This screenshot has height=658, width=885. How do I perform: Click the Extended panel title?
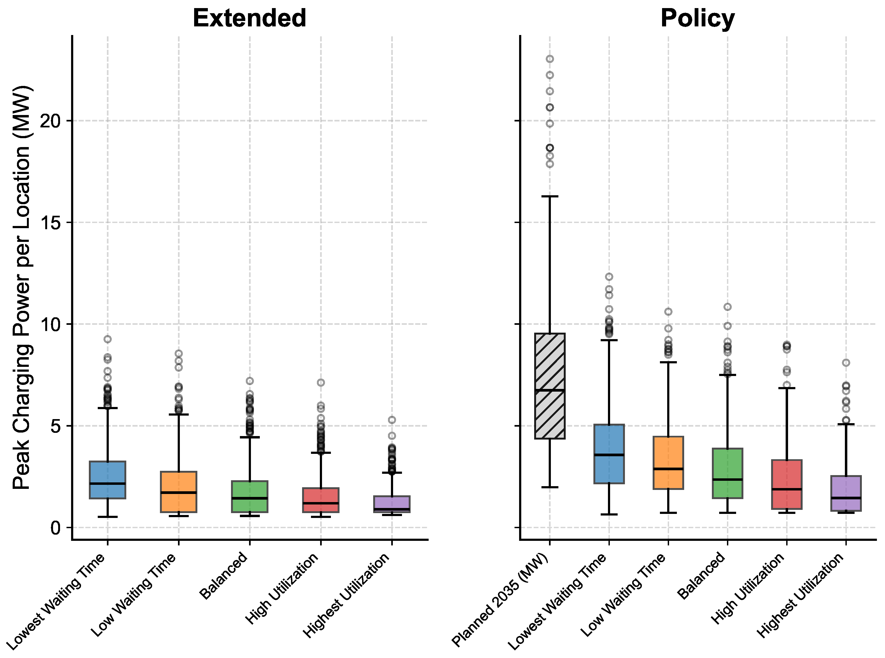(x=249, y=18)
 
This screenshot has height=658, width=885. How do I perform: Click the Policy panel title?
(x=698, y=18)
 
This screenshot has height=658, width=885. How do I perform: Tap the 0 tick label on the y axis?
(x=55, y=528)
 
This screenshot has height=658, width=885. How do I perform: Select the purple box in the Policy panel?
(x=846, y=493)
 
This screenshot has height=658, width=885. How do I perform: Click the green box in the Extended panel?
(x=250, y=497)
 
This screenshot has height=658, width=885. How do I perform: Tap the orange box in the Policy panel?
(x=669, y=462)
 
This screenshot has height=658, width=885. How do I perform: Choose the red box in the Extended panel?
(x=321, y=500)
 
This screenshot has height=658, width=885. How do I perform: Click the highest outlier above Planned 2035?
(x=550, y=59)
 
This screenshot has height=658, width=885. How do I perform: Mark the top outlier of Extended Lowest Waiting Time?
(x=107, y=339)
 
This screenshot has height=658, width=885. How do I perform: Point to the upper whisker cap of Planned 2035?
(x=550, y=196)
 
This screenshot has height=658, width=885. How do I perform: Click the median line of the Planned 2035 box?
(x=550, y=390)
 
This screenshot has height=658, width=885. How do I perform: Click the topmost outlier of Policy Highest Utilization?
(x=846, y=363)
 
